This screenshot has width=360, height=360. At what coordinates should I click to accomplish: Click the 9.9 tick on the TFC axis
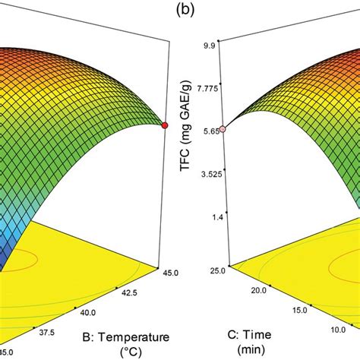(207, 46)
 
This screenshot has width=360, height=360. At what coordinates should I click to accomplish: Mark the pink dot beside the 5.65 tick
(223, 130)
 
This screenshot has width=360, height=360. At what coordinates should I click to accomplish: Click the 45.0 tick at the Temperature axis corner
(171, 267)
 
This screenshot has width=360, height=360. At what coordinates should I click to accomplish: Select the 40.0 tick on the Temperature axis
(88, 312)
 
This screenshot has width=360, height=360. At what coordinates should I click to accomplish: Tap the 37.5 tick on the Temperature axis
(47, 332)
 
